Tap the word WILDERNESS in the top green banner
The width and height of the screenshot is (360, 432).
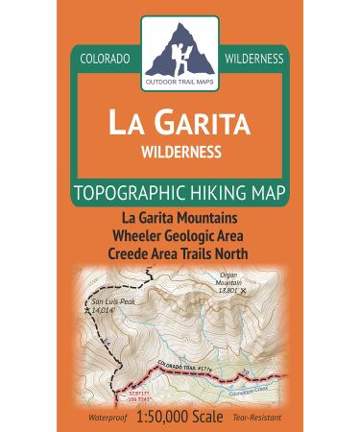click(x=253, y=59)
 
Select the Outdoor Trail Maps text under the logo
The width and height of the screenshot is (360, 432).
click(x=180, y=78)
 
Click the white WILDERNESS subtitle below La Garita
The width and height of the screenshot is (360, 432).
click(x=180, y=151)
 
